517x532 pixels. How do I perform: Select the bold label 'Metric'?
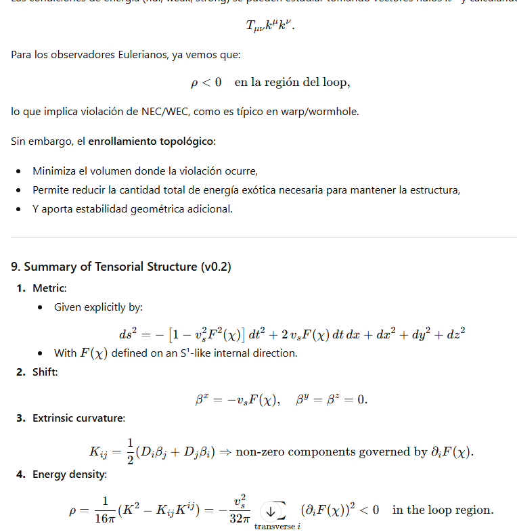coord(49,288)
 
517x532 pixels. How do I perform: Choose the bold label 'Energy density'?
coord(69,474)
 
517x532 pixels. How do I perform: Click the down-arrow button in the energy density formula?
coord(272,510)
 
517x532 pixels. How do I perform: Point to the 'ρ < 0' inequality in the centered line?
coord(206,83)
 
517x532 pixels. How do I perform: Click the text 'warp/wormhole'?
coord(325,112)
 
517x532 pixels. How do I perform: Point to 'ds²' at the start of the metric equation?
coord(127,334)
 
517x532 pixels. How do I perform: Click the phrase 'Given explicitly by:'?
coord(98,307)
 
